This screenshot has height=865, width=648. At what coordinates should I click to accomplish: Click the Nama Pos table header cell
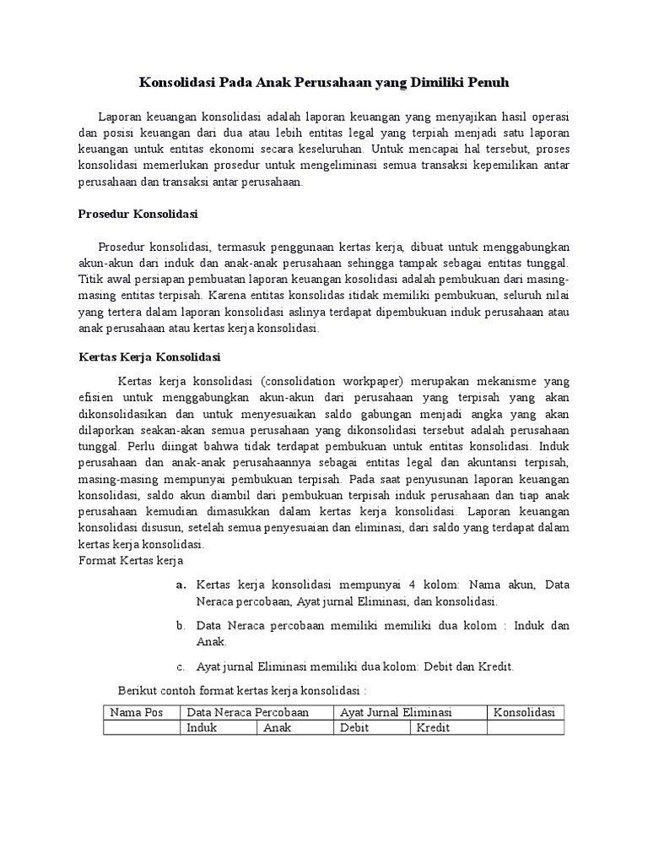pyautogui.click(x=137, y=712)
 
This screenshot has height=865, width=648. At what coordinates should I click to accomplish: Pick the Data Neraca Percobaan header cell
pyautogui.click(x=248, y=712)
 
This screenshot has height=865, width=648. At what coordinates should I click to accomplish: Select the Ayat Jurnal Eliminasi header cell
pyautogui.click(x=396, y=712)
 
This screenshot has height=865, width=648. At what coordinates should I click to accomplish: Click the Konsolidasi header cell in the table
pyautogui.click(x=524, y=712)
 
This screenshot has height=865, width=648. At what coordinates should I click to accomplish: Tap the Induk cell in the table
pyautogui.click(x=202, y=727)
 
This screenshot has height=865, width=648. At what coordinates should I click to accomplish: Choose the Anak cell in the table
pyautogui.click(x=278, y=727)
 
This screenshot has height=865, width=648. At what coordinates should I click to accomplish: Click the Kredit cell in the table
pyautogui.click(x=432, y=727)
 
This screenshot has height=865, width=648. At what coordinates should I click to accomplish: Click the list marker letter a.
pyautogui.click(x=181, y=585)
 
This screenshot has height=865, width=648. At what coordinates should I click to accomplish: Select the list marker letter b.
pyautogui.click(x=181, y=626)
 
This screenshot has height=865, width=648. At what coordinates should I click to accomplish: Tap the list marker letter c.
pyautogui.click(x=181, y=666)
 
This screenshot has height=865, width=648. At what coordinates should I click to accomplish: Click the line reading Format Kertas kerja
pyautogui.click(x=131, y=560)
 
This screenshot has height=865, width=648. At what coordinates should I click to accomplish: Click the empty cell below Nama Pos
pyautogui.click(x=142, y=727)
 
